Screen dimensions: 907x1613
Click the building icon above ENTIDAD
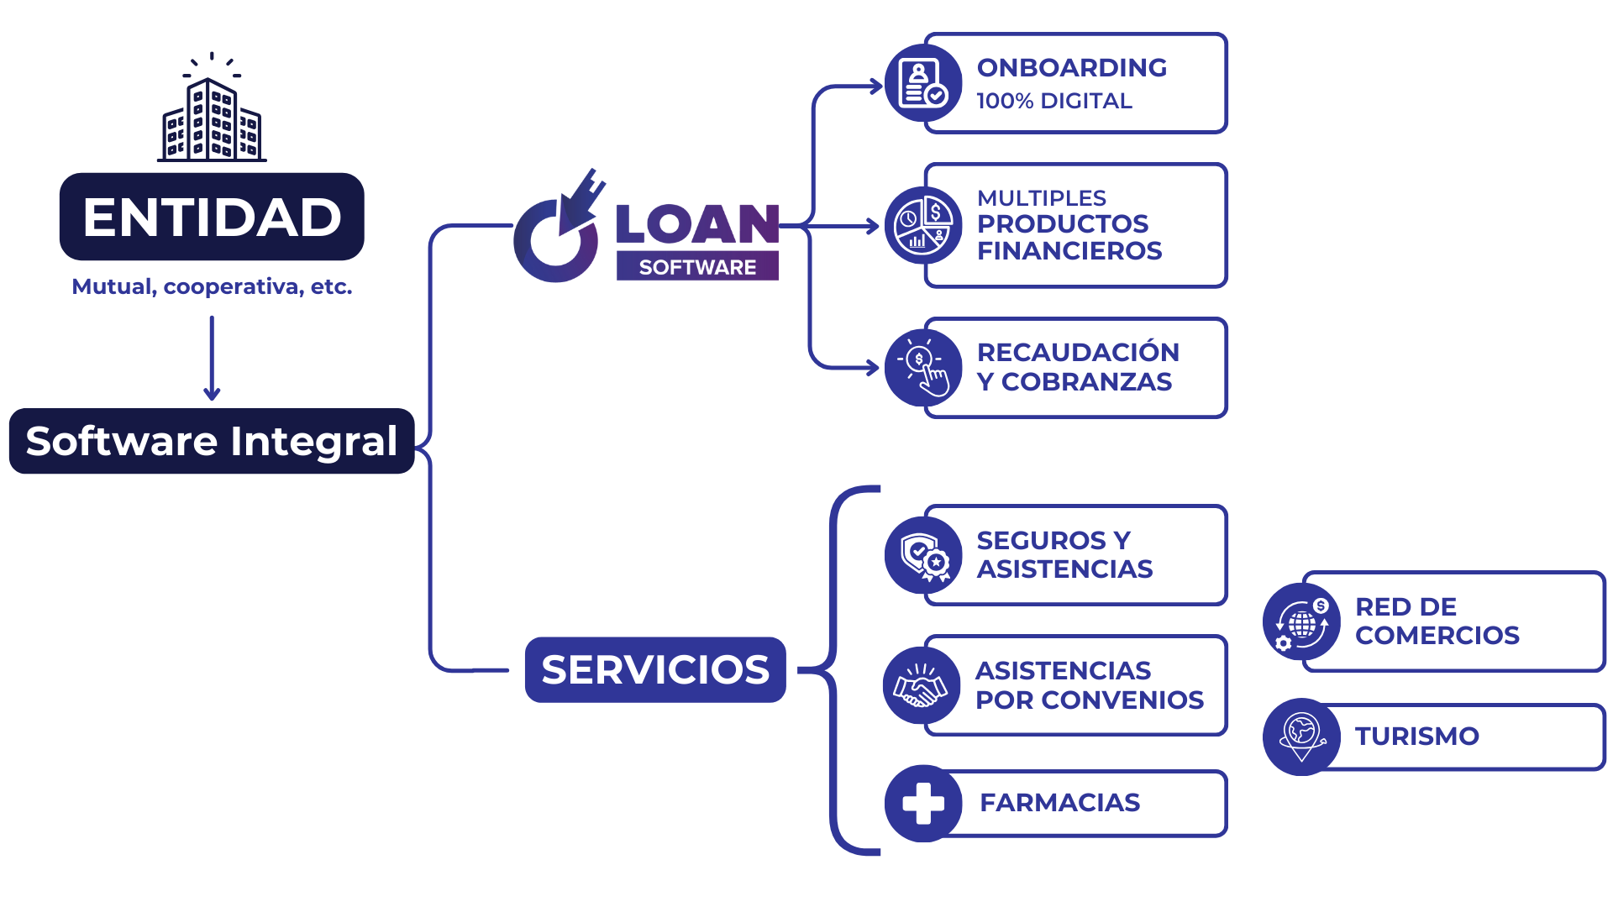(x=212, y=113)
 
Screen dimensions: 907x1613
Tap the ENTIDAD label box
(x=212, y=217)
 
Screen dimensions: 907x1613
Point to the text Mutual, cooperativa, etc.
(x=212, y=286)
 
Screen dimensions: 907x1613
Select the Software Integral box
(x=212, y=441)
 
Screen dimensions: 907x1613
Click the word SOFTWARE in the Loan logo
(x=697, y=267)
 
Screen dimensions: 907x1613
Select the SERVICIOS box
(x=655, y=669)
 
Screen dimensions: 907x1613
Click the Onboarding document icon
(x=922, y=83)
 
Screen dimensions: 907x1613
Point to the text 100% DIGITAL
(x=1053, y=101)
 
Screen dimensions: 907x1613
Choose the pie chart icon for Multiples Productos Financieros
(x=922, y=225)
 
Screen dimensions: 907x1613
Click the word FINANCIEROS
(x=1069, y=250)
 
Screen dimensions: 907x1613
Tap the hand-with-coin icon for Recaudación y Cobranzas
(x=922, y=368)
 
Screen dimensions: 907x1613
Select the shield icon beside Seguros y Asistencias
(x=922, y=555)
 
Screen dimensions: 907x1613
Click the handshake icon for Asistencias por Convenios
(x=921, y=685)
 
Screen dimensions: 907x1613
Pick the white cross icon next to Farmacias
(x=922, y=803)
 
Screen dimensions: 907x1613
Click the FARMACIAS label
(x=1059, y=802)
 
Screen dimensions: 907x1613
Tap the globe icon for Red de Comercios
(x=1301, y=622)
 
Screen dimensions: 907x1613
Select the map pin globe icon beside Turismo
(x=1301, y=736)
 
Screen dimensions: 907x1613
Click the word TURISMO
(x=1416, y=736)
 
